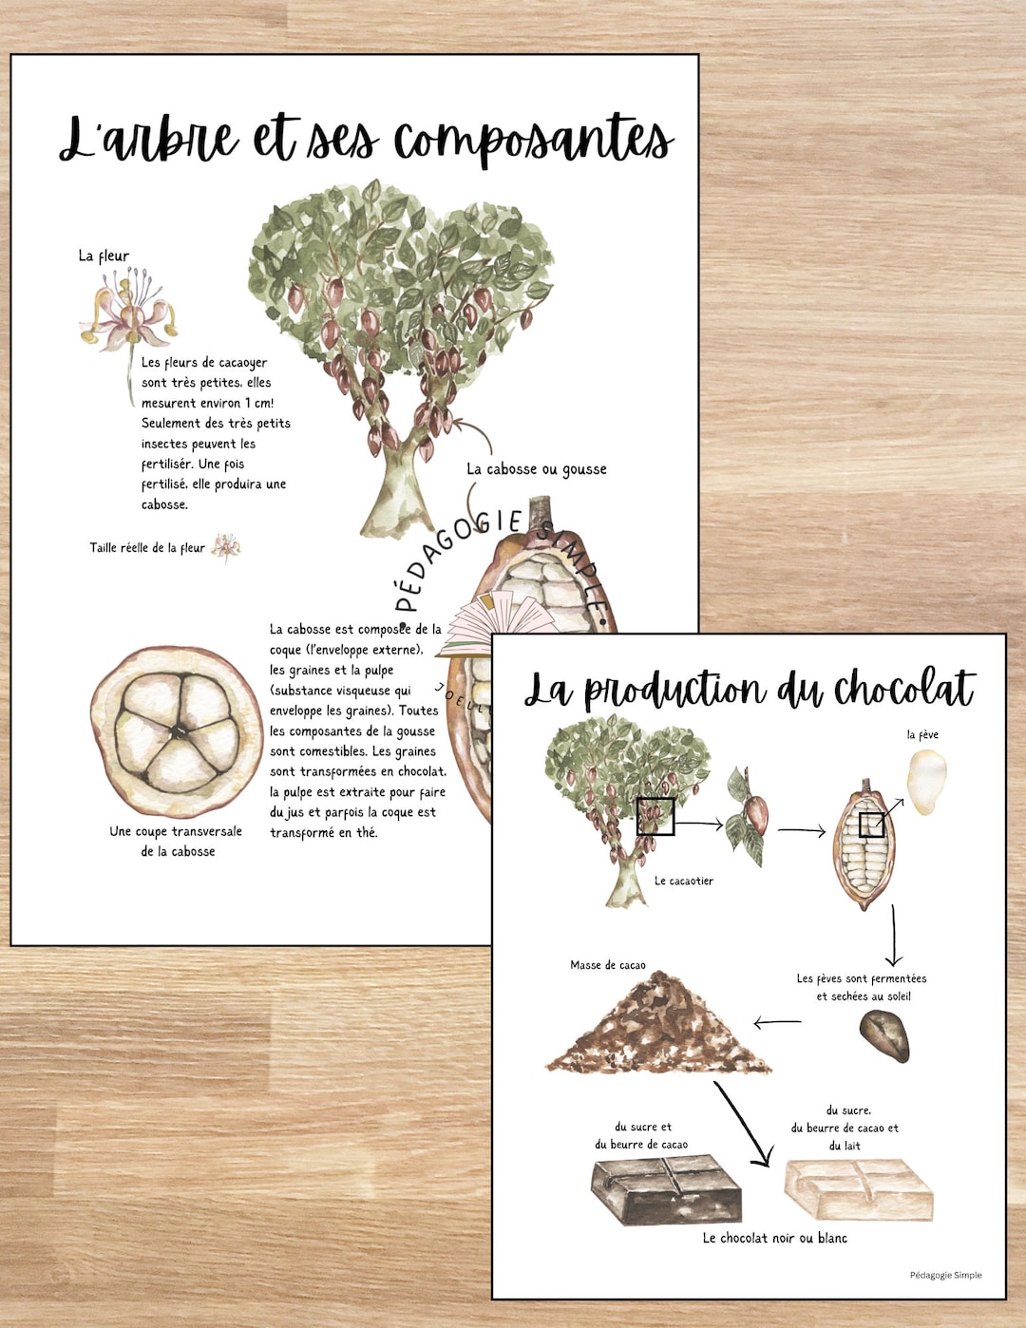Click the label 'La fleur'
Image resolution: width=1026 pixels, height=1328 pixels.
pyautogui.click(x=104, y=256)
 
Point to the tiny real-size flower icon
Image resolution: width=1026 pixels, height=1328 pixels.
pyautogui.click(x=226, y=547)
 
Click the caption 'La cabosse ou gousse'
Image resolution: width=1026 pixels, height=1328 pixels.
pyautogui.click(x=536, y=469)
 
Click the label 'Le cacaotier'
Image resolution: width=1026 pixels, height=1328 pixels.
pyautogui.click(x=683, y=881)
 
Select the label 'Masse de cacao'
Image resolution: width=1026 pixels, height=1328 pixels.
pyautogui.click(x=607, y=965)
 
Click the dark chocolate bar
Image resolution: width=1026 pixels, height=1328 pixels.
pyautogui.click(x=666, y=1187)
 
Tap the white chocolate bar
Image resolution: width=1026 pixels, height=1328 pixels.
pyautogui.click(x=859, y=1187)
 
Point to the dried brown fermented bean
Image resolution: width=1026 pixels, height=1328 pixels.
pyautogui.click(x=884, y=1035)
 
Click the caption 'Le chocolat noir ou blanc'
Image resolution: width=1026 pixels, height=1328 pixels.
pyautogui.click(x=774, y=1238)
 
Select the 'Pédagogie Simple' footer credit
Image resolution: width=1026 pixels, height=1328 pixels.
pyautogui.click(x=945, y=1275)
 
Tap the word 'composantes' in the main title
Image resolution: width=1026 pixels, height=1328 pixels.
pyautogui.click(x=533, y=141)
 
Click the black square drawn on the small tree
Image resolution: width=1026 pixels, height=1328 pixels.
pyautogui.click(x=655, y=816)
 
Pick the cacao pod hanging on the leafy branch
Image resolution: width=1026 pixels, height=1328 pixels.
pyautogui.click(x=756, y=814)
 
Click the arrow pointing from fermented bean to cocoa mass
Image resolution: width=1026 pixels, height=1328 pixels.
pyautogui.click(x=778, y=1023)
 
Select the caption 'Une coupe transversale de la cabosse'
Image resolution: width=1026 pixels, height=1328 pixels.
pyautogui.click(x=177, y=842)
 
